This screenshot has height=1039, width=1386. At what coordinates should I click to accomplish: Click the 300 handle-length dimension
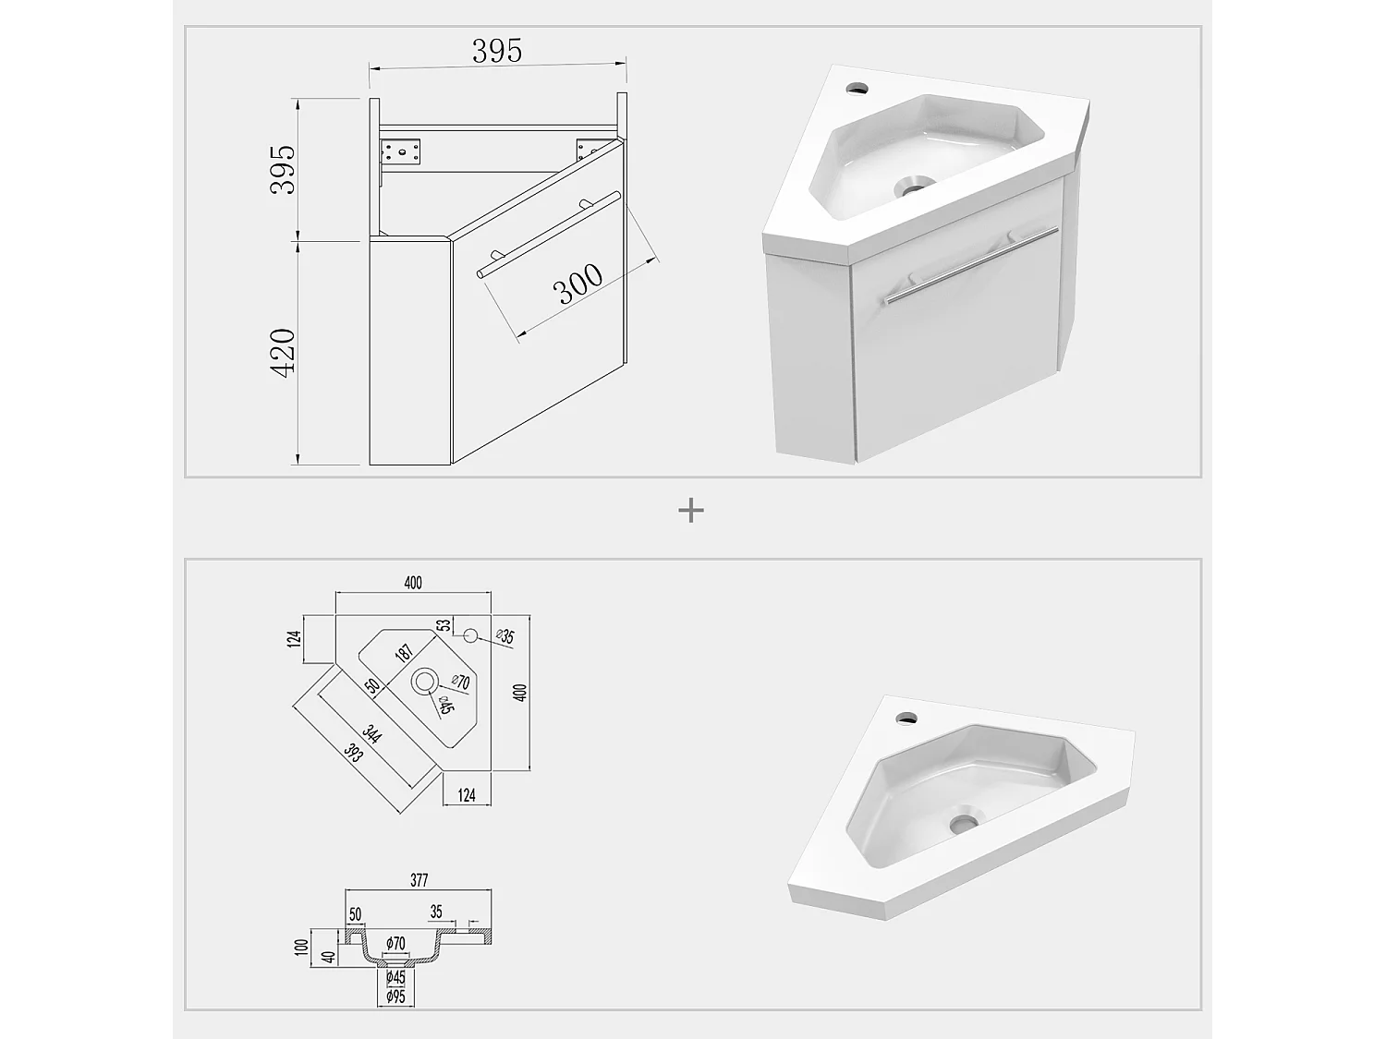pos(578,284)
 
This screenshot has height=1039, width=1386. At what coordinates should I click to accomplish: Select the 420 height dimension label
pos(283,352)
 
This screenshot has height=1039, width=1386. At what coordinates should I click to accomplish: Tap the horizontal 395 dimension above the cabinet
pos(497,51)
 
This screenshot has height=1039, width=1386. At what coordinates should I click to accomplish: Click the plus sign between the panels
pos(691,510)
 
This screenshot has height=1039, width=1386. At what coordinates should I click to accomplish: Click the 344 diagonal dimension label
pos(372,735)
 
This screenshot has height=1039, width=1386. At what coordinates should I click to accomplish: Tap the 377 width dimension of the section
pos(419,880)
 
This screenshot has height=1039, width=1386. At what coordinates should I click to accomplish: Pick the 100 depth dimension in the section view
pos(300,947)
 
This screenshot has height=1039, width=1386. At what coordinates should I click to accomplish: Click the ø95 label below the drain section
pos(395,997)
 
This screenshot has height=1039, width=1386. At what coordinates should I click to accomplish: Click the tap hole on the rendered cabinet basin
pos(857,89)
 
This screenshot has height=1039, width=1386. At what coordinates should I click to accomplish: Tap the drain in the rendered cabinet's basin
pos(914,188)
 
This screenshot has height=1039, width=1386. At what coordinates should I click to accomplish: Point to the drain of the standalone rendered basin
pos(962,820)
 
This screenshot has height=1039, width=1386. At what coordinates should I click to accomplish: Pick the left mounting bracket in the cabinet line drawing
pos(400,151)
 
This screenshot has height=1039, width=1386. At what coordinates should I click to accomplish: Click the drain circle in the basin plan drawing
pos(425,682)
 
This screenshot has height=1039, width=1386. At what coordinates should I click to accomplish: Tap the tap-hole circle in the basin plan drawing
pos(469,635)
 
